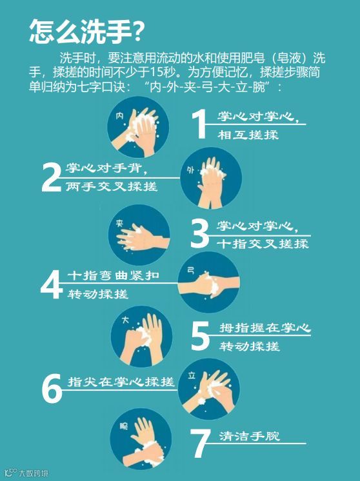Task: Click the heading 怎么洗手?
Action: tap(86, 32)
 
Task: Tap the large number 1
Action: tap(199, 124)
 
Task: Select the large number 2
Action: tap(52, 177)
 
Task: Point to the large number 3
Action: tap(199, 233)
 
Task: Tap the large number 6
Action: tap(52, 389)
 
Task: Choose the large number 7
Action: tap(200, 442)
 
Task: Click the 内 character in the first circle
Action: tap(120, 115)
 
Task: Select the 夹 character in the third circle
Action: tap(119, 222)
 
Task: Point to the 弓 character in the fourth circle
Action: tap(191, 270)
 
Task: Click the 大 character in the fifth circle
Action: tap(125, 320)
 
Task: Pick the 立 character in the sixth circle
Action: tap(192, 375)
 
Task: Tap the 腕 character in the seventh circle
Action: tap(124, 426)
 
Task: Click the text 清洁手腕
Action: tap(249, 436)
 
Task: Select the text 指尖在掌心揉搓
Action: tap(121, 382)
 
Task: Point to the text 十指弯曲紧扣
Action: tap(114, 275)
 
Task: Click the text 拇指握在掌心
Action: tap(265, 328)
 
